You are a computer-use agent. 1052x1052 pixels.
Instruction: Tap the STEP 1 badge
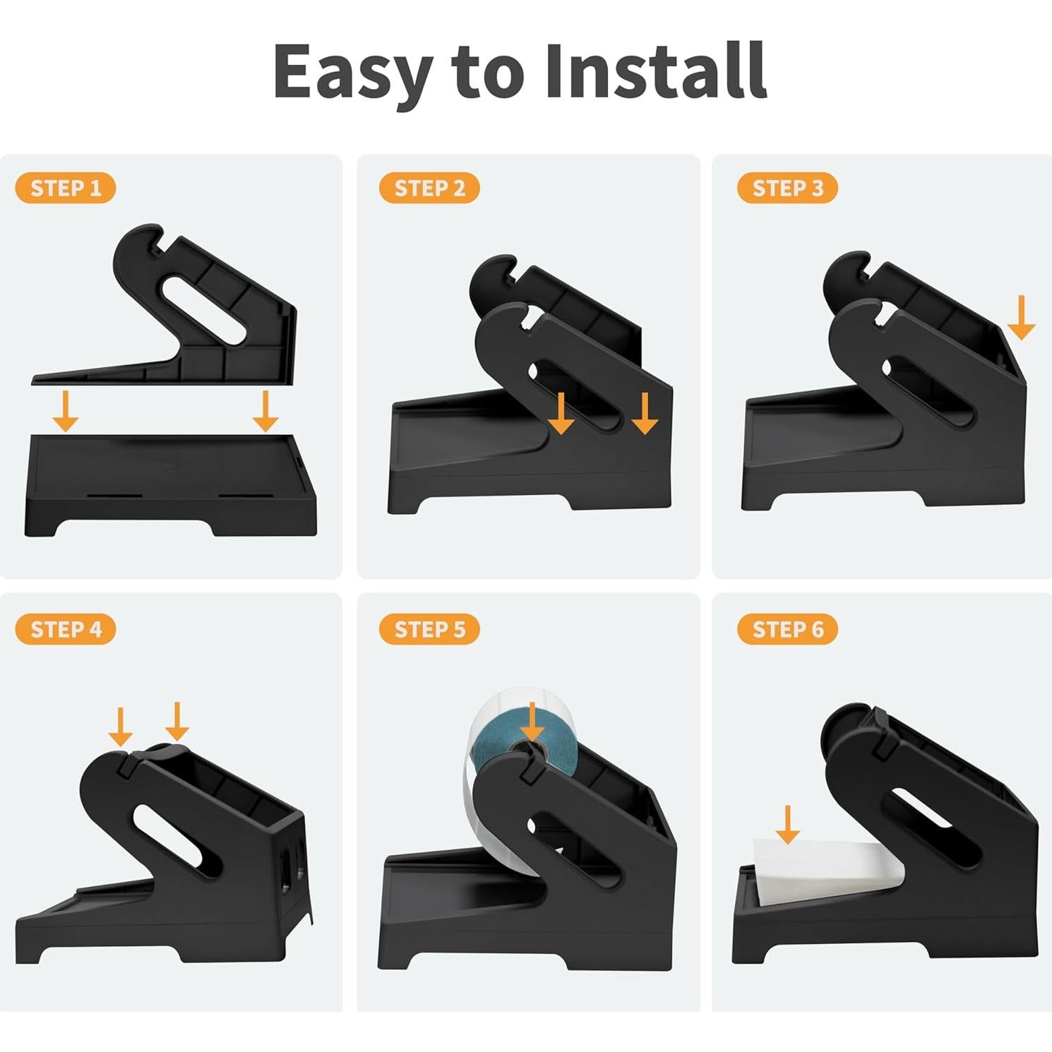[65, 189]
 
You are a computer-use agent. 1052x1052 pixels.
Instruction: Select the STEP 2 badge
[429, 189]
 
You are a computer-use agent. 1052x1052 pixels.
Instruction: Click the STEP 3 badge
[787, 189]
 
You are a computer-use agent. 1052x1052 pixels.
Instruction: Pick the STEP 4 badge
[65, 629]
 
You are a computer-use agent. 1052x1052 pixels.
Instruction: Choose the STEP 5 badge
[429, 629]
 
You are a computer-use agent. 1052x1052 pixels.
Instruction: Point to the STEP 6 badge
[787, 629]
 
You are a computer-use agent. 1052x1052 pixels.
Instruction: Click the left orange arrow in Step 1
[66, 412]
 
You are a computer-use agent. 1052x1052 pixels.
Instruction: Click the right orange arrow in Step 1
[265, 412]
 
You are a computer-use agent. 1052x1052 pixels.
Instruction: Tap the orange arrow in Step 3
[1021, 318]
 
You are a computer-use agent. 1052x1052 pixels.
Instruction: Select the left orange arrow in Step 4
[121, 727]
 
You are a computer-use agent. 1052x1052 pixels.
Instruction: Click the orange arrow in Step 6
[787, 825]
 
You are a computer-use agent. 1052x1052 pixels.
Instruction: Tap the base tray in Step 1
[169, 487]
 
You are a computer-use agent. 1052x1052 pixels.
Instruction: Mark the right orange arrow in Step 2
[645, 414]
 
